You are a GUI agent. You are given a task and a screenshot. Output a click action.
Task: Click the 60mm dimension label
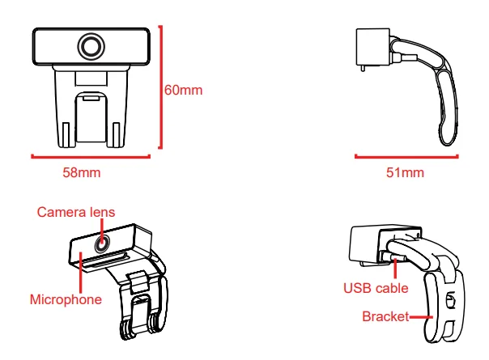click(x=183, y=90)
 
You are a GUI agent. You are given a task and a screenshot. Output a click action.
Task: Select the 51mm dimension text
click(x=406, y=172)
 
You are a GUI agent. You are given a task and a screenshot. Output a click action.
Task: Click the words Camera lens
click(x=76, y=212)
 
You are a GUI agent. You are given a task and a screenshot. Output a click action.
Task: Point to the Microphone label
click(x=66, y=299)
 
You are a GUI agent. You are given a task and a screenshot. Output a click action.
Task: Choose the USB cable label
click(x=376, y=287)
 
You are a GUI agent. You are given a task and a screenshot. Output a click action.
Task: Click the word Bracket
click(x=385, y=316)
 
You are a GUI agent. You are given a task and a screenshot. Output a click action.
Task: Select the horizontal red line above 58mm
click(x=91, y=157)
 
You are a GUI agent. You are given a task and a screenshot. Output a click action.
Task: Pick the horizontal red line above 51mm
click(x=406, y=157)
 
